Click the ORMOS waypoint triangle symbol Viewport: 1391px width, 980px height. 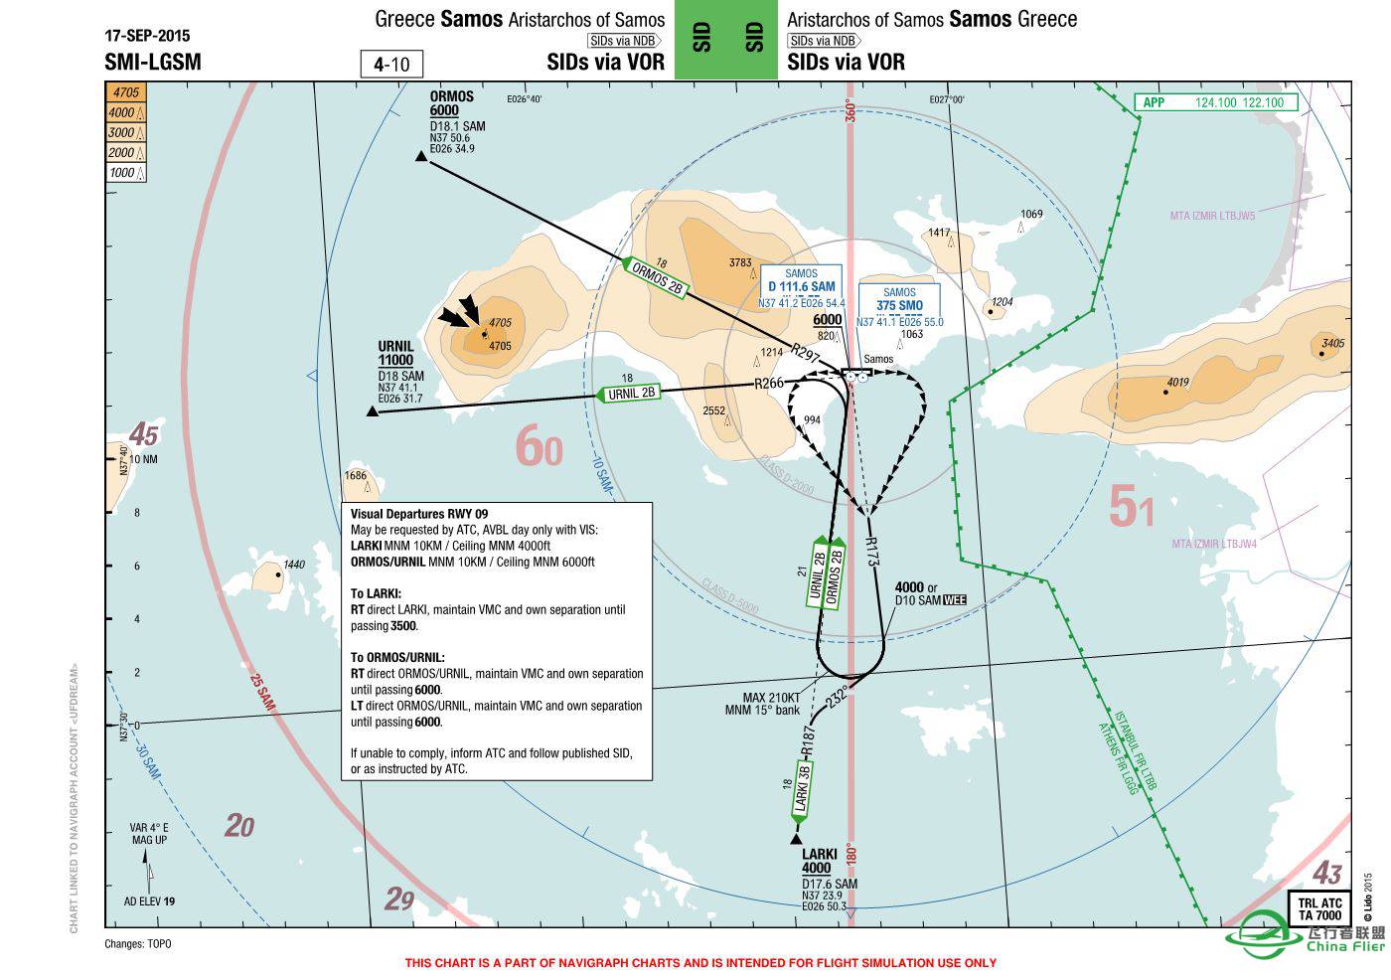pos(421,156)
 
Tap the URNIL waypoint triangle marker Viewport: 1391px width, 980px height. pos(373,411)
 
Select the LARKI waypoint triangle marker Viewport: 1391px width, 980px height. pos(796,839)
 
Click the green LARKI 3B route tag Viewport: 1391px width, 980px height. pos(804,790)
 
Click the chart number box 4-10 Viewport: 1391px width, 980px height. pos(391,65)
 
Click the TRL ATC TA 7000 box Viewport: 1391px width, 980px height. pos(1319,908)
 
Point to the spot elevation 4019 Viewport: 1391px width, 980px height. pos(1177,383)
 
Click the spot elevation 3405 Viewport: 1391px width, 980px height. pos(1332,344)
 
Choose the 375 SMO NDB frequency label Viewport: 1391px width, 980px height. pos(899,306)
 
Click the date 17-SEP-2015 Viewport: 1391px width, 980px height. pos(146,35)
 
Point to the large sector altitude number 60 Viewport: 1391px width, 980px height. pos(540,446)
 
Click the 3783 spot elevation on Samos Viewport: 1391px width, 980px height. pos(740,262)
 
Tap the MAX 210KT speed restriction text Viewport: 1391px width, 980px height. pos(771,697)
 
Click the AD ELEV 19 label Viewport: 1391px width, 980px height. pos(149,901)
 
